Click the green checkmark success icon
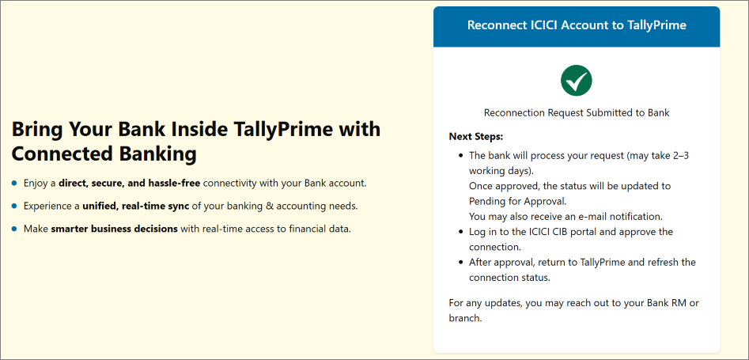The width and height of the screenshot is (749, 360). tap(576, 80)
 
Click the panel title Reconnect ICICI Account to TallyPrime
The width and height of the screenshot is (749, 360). tap(577, 25)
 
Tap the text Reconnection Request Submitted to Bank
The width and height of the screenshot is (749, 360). tap(577, 112)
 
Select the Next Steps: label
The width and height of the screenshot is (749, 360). tap(476, 137)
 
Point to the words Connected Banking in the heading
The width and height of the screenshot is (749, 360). tap(104, 153)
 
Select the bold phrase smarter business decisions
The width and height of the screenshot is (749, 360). tap(114, 229)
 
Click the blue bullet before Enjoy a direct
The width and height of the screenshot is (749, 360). tap(14, 183)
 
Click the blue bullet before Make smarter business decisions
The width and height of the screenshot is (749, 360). tap(14, 229)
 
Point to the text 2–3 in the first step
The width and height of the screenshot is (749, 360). tap(679, 156)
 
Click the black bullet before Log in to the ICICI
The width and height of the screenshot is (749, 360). tap(460, 232)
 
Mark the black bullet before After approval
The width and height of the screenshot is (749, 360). tap(460, 262)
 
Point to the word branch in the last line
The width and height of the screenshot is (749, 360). tap(465, 318)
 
